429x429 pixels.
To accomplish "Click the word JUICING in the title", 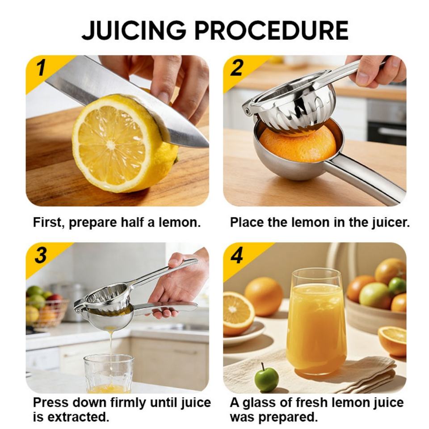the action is click(134, 30).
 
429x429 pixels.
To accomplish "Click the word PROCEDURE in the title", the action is click(271, 30).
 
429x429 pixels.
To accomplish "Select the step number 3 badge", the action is click(41, 255).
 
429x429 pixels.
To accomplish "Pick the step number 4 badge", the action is click(237, 255).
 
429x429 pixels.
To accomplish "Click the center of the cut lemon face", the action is click(110, 144).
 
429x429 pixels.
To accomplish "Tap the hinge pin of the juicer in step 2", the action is click(247, 111).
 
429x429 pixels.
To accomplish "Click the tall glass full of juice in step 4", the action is click(316, 321).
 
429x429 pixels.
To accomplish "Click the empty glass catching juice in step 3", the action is click(109, 373).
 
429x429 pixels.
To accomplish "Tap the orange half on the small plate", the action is click(238, 313).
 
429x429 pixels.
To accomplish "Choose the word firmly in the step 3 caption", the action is click(128, 403).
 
